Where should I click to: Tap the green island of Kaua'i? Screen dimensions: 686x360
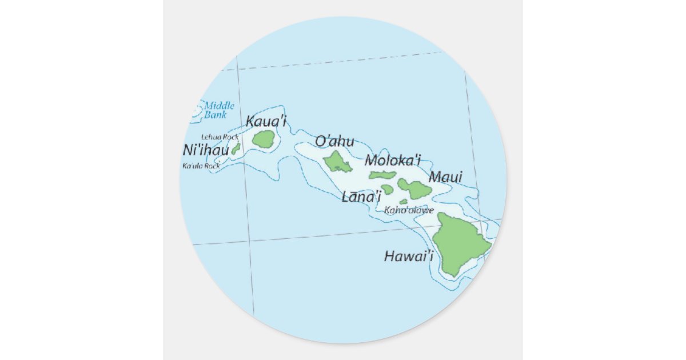pyautogui.click(x=264, y=139)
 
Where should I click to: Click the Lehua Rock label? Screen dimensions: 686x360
pyautogui.click(x=220, y=137)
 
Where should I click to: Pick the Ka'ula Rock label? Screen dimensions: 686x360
pyautogui.click(x=201, y=166)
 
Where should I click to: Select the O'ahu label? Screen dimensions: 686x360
pyautogui.click(x=334, y=142)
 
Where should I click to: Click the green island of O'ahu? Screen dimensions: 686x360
pyautogui.click(x=337, y=162)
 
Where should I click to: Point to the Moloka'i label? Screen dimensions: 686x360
pyautogui.click(x=393, y=161)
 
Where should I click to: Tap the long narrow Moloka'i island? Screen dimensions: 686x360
pyautogui.click(x=382, y=175)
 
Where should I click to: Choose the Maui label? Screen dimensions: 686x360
pyautogui.click(x=445, y=177)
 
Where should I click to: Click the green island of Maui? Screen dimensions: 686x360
pyautogui.click(x=416, y=188)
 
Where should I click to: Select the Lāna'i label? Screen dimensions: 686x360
pyautogui.click(x=361, y=197)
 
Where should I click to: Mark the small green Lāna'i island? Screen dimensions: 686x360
pyautogui.click(x=388, y=189)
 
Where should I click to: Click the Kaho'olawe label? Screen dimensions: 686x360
pyautogui.click(x=409, y=210)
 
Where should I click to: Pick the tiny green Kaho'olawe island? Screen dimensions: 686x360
pyautogui.click(x=403, y=202)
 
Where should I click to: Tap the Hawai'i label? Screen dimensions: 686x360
pyautogui.click(x=408, y=256)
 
